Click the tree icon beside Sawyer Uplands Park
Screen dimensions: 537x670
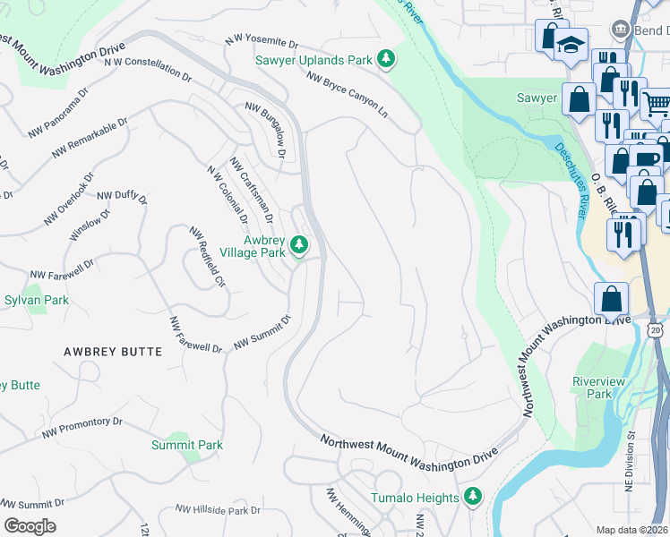point(386,60)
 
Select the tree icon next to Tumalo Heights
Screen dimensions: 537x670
point(472,497)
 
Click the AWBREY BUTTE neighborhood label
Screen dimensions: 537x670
point(113,352)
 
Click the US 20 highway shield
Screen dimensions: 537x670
point(657,331)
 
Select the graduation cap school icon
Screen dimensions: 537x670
point(570,43)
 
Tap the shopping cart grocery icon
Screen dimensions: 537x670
point(657,104)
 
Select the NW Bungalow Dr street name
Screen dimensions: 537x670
point(265,129)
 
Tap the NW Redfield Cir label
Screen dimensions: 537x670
point(207,258)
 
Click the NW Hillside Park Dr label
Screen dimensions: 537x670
point(218,509)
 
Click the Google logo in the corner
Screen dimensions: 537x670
point(30,526)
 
